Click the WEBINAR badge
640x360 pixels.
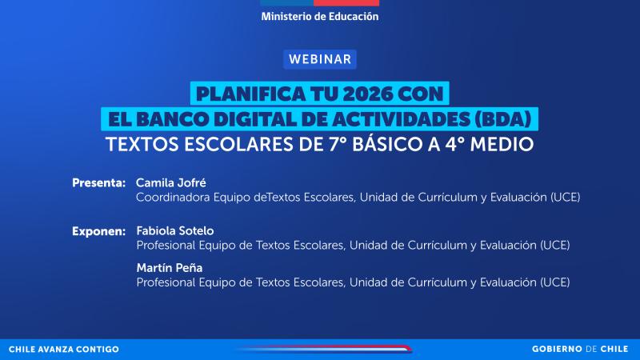pos(320,59)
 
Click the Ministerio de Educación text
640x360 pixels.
pos(320,16)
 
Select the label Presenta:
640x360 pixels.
pos(98,182)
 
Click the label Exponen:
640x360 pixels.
pos(98,231)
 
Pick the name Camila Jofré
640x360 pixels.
pos(171,182)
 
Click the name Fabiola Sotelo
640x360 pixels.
pos(175,231)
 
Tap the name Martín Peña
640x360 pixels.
pos(166,268)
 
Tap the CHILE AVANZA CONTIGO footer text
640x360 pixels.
pos(63,350)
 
